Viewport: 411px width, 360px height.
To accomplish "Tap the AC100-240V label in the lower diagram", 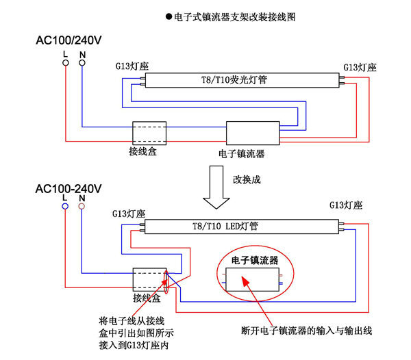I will (68, 188).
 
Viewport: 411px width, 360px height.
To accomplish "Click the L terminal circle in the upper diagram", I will (65, 63).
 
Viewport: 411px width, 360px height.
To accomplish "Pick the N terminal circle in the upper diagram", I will (82, 63).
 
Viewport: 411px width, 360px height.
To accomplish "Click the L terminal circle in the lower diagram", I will (65, 206).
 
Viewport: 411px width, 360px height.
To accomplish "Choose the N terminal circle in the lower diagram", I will (82, 206).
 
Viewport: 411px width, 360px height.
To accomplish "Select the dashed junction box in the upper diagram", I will (149, 131).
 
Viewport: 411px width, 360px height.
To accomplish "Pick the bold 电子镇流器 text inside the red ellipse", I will (255, 260).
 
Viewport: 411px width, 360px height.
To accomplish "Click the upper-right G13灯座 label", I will (359, 66).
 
